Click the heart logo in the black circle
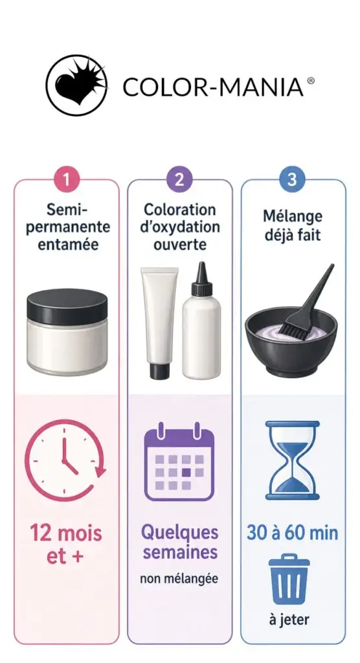click(x=76, y=85)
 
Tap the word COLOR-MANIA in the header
click(x=213, y=87)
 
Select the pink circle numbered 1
click(x=67, y=179)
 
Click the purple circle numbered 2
click(x=180, y=179)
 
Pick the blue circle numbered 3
click(x=292, y=179)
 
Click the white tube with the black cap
click(x=159, y=322)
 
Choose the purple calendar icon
click(x=180, y=461)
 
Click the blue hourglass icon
click(x=292, y=460)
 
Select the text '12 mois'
click(x=66, y=533)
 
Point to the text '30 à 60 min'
click(x=292, y=533)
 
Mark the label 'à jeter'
click(x=289, y=620)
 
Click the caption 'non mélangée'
click(x=179, y=579)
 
